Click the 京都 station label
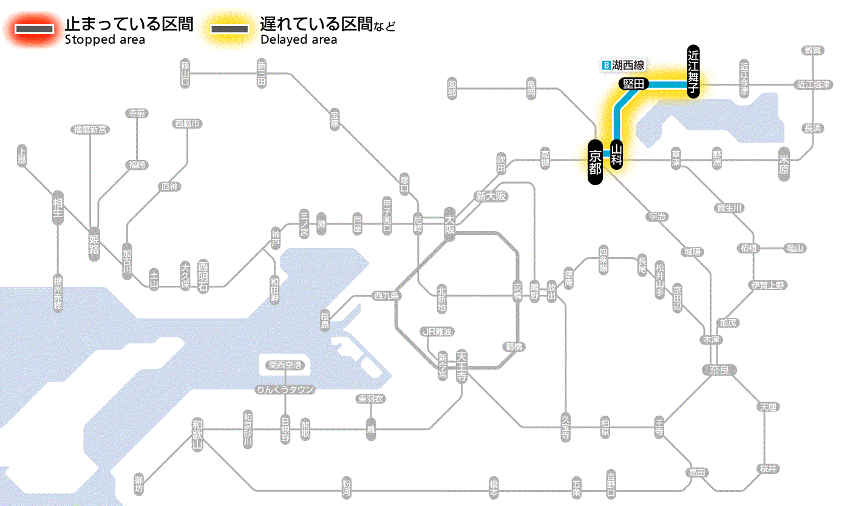point(595,162)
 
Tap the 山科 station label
point(617,155)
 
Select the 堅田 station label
point(633,84)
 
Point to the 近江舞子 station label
point(693,71)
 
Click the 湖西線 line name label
point(628,65)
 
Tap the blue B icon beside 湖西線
point(605,65)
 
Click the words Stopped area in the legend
point(104,40)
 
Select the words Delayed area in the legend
point(298,40)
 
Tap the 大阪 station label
point(449,224)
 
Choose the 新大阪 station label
point(491,196)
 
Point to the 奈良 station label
point(719,369)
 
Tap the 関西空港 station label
point(285,365)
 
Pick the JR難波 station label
point(437,331)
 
